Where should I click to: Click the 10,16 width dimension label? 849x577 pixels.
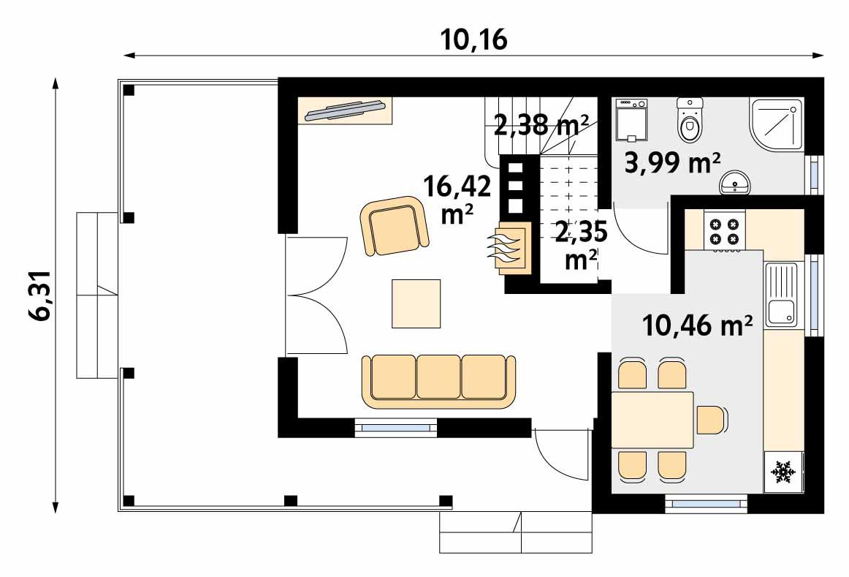[473, 39]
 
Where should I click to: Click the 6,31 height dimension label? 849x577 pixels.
[42, 295]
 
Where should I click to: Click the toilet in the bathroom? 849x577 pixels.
[689, 121]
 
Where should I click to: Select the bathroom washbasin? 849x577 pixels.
[736, 184]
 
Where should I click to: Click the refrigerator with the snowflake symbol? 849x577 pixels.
[783, 472]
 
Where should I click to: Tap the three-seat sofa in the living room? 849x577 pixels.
[439, 380]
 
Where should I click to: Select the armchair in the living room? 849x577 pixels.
[394, 225]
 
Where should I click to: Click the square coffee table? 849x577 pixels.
[416, 303]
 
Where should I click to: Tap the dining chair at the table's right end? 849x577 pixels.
[712, 420]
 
